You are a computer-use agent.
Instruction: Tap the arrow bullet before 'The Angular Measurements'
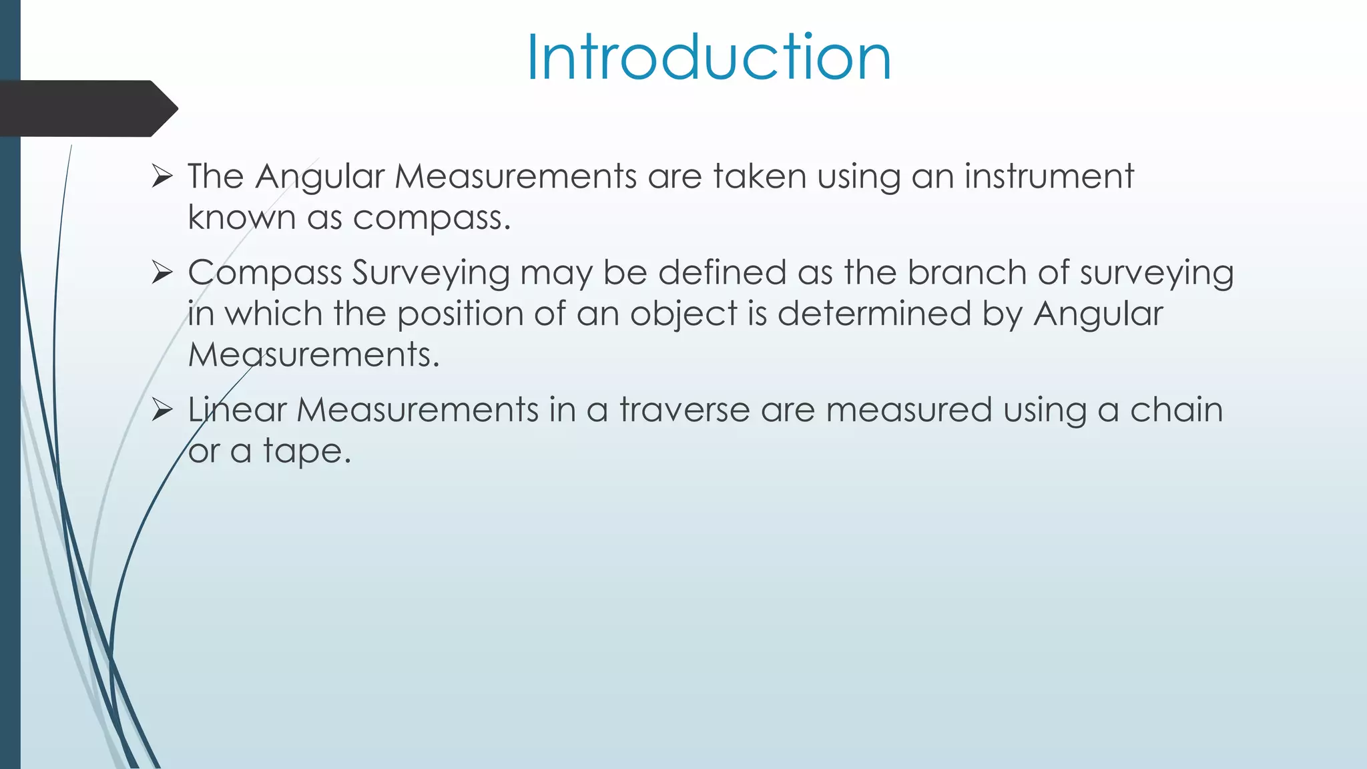click(x=162, y=177)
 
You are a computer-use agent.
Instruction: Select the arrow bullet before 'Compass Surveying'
click(x=162, y=273)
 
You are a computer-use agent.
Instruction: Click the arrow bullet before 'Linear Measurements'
click(x=162, y=410)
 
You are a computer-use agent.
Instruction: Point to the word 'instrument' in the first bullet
click(x=1049, y=177)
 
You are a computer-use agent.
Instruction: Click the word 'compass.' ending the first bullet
click(x=431, y=218)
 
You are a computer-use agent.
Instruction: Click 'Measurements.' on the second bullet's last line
click(x=314, y=355)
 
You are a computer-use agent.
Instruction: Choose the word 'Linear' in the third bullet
click(x=237, y=410)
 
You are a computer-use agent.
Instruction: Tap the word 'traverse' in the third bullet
click(x=685, y=410)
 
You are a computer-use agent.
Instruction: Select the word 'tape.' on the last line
click(x=306, y=452)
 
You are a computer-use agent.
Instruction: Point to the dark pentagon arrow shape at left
click(x=87, y=109)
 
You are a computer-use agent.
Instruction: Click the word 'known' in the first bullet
click(x=241, y=218)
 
